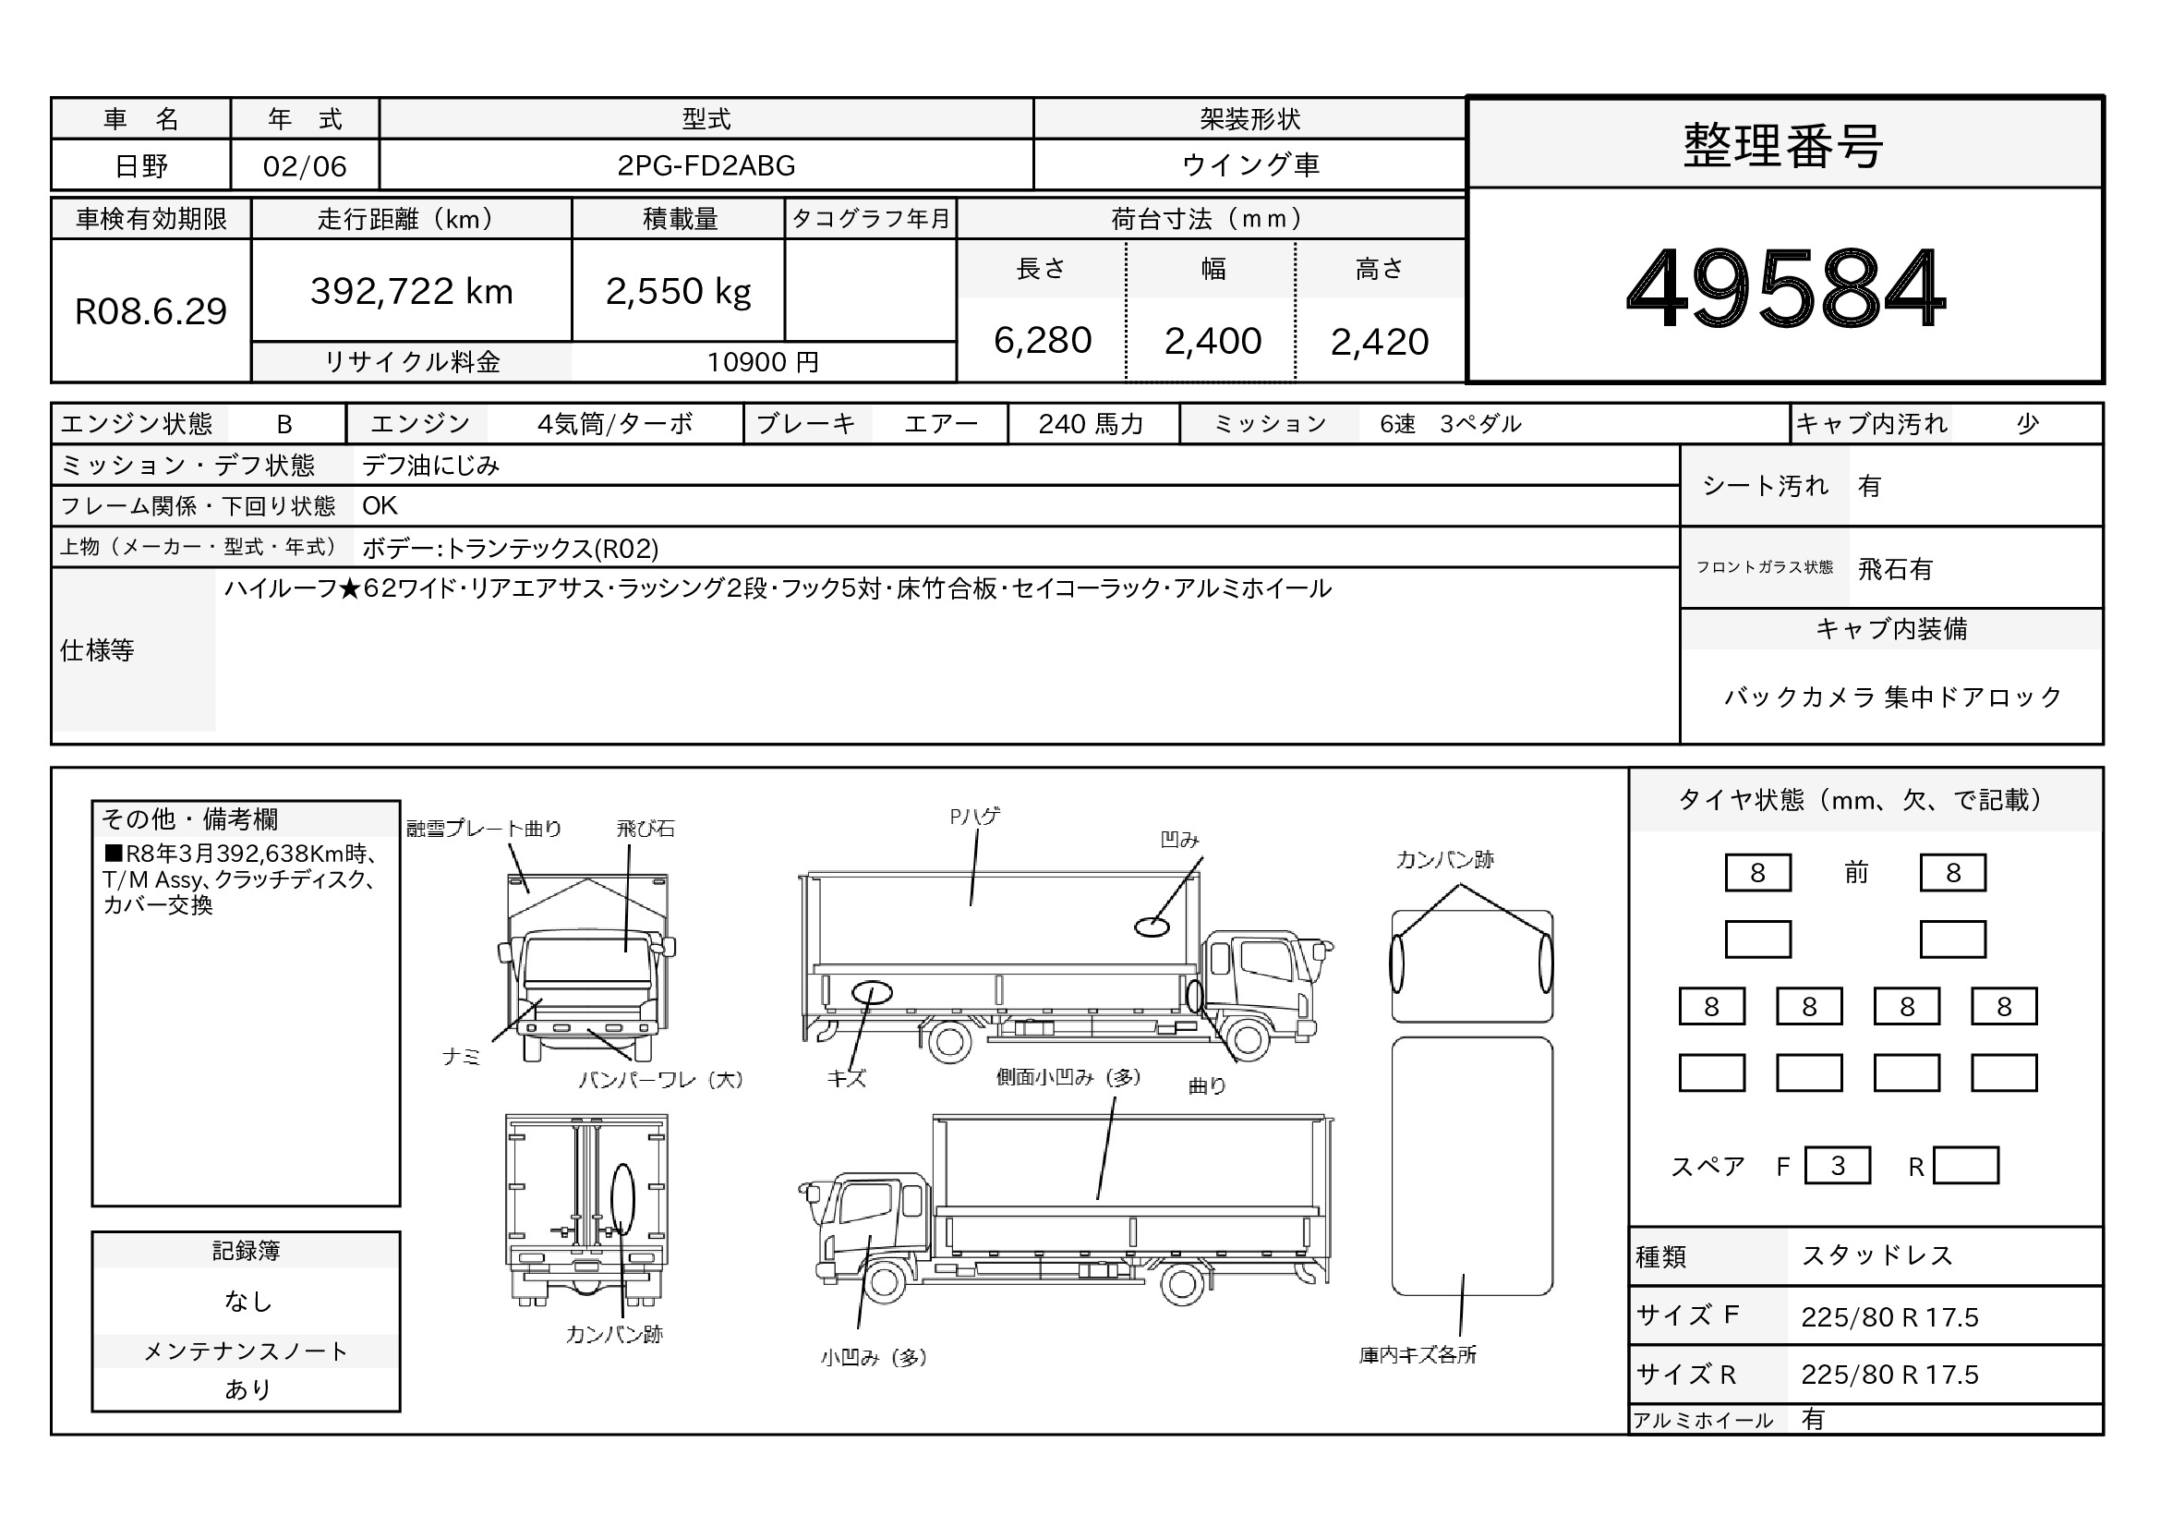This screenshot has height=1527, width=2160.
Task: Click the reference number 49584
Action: tap(1785, 288)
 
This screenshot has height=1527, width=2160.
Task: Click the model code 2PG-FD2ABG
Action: tap(706, 165)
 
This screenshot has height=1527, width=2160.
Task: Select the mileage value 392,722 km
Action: tap(411, 292)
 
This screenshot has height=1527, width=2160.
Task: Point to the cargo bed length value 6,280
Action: tap(1043, 341)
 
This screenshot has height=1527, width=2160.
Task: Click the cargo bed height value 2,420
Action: tap(1379, 342)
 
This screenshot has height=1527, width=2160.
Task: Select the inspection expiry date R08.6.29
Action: tap(151, 311)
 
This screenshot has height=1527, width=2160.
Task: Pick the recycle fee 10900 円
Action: tap(763, 362)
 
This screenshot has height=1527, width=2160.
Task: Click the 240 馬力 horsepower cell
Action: tap(1092, 424)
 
